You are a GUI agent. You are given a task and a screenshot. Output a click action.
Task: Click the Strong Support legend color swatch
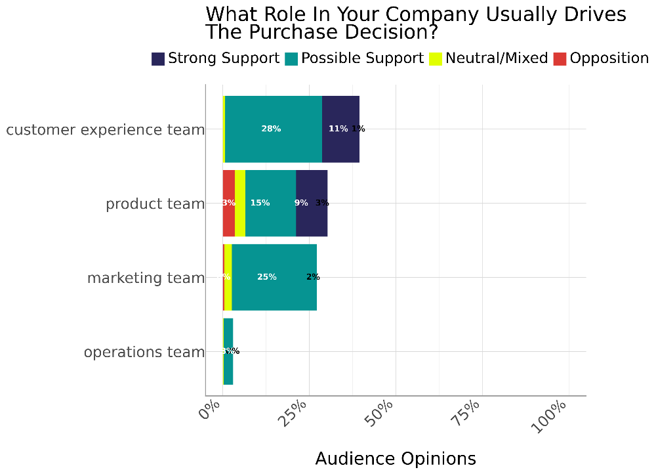point(158,59)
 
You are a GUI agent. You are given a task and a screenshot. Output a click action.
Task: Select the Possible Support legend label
point(362,58)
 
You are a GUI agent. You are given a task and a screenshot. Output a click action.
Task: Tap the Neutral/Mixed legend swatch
point(436,59)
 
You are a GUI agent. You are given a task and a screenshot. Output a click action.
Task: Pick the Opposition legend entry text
point(609,58)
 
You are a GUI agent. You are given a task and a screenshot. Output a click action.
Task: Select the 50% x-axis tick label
point(379,412)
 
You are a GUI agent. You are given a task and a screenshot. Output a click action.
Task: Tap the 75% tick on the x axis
point(466,412)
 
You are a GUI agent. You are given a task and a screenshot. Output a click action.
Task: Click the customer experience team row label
point(106,130)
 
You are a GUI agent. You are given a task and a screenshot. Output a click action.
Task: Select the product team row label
point(155,204)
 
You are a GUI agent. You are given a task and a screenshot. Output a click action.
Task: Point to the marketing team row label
point(146,278)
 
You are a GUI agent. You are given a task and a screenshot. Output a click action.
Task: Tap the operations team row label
point(144,353)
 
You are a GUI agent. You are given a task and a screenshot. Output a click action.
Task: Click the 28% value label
point(271,129)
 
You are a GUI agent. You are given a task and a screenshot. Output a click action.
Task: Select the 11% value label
point(338,129)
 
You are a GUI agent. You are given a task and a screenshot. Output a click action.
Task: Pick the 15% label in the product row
point(260,204)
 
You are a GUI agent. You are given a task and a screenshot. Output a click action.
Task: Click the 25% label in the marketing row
point(267,278)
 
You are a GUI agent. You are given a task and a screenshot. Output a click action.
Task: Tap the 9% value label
point(301,204)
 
